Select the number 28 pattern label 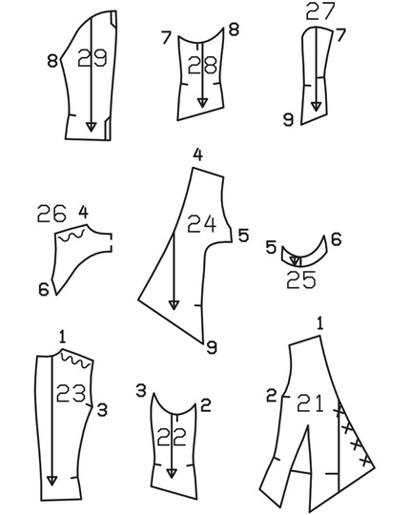click(x=202, y=66)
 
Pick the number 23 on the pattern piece click(x=72, y=392)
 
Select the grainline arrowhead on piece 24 click(x=174, y=304)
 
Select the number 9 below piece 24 click(x=212, y=348)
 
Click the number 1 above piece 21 click(x=320, y=323)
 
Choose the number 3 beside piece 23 click(x=102, y=409)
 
